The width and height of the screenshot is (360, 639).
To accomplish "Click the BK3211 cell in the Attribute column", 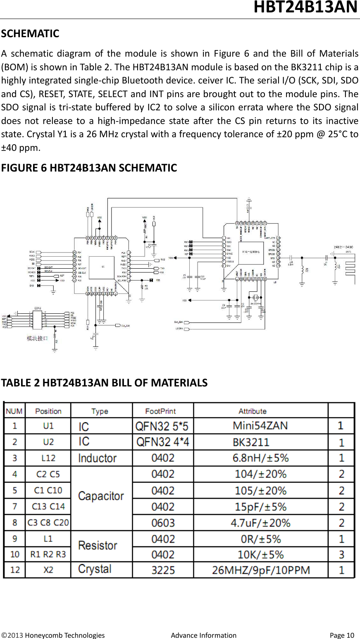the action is click(251, 442).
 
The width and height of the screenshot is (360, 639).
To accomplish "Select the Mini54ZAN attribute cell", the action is click(260, 425).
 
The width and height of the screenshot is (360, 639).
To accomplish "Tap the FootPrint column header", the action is click(160, 411).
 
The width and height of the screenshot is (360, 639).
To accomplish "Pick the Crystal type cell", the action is click(95, 569).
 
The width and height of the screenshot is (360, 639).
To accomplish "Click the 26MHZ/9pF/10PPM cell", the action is click(261, 570).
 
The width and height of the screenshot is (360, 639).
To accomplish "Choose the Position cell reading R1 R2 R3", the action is click(48, 554).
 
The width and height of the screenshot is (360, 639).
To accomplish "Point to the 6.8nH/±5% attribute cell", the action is click(260, 458).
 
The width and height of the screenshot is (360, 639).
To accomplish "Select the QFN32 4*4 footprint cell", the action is click(162, 442).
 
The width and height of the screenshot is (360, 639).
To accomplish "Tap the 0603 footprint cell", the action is click(163, 523).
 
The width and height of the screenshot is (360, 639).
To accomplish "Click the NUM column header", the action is click(14, 411).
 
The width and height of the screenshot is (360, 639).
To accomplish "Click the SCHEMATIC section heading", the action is click(30, 33).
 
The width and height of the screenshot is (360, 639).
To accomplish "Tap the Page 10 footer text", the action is click(342, 635).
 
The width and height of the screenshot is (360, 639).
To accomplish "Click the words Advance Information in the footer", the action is click(203, 635).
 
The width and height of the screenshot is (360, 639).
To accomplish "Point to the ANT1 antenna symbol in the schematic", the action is click(350, 265).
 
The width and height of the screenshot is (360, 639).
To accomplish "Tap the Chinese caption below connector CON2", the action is click(38, 338).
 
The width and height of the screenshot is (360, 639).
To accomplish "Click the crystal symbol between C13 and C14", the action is click(255, 298).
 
